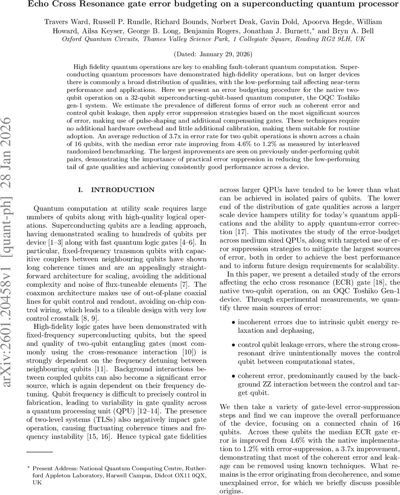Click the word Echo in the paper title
(39, 5)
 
